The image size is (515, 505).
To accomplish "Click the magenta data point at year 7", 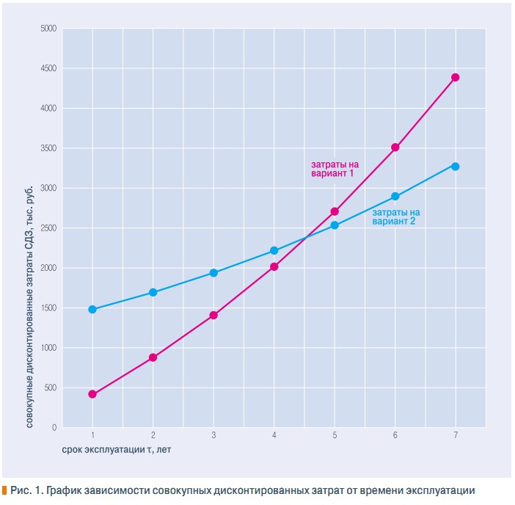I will click(x=455, y=77).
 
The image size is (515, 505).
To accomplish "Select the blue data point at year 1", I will click(x=92, y=309).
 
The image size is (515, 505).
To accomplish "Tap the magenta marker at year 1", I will click(x=92, y=394).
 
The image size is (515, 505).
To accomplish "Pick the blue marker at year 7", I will click(x=455, y=167).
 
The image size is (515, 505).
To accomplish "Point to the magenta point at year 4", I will click(x=274, y=266).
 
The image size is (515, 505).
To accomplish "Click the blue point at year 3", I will click(x=213, y=272).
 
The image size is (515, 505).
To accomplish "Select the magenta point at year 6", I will click(x=395, y=147).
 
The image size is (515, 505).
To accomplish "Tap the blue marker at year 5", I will click(x=335, y=225).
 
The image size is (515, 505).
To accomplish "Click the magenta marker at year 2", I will click(x=153, y=357).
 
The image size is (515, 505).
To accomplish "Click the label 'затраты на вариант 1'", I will click(x=332, y=169).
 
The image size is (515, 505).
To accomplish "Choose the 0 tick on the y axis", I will click(x=54, y=427).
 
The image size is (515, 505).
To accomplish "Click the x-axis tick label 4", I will click(x=274, y=435).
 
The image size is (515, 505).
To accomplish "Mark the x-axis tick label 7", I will click(x=455, y=435).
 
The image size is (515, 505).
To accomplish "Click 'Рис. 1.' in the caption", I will click(x=26, y=490).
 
